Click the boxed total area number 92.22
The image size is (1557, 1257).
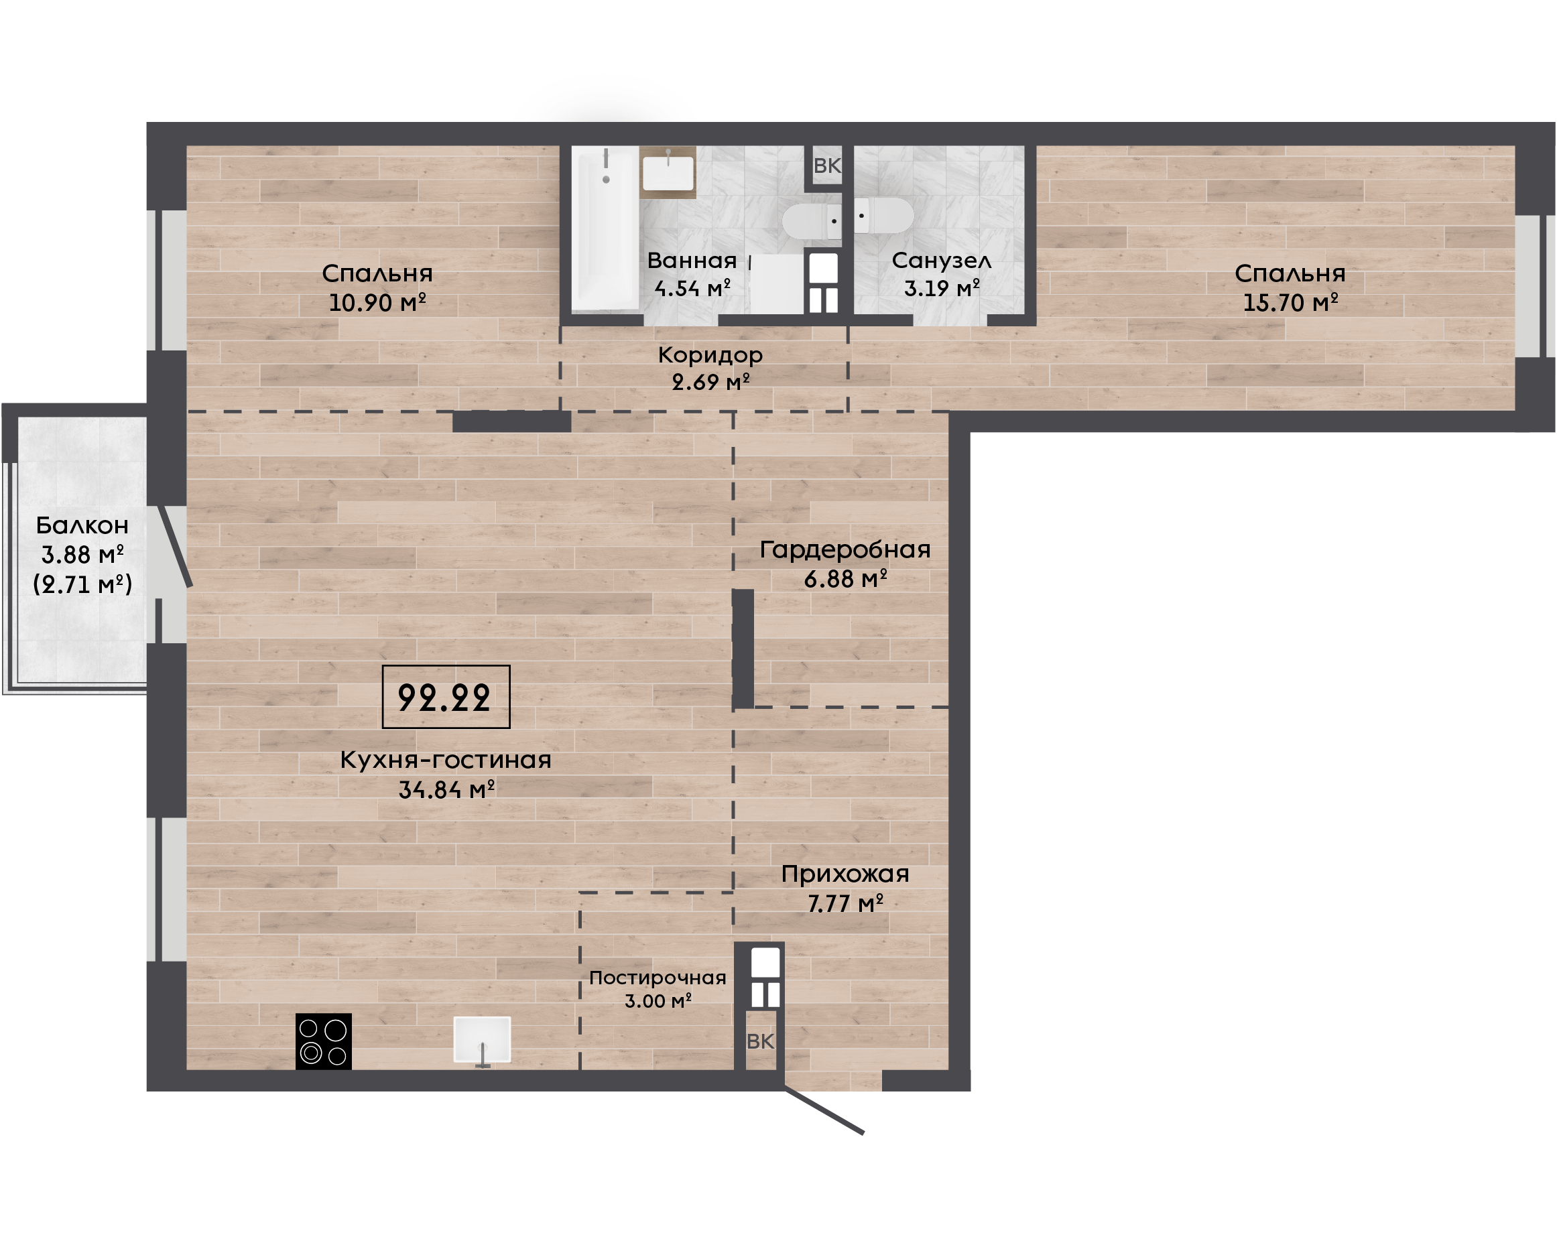[x=445, y=698]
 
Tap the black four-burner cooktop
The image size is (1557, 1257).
[x=324, y=1041]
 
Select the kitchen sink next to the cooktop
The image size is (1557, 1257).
[x=483, y=1041]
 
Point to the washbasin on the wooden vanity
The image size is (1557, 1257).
[x=668, y=172]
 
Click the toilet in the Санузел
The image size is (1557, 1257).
[x=883, y=215]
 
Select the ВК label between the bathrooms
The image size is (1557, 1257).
[x=827, y=166]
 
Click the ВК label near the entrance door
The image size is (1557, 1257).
[x=760, y=1041]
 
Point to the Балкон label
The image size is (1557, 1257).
[x=82, y=525]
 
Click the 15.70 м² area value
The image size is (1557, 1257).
[x=1290, y=303]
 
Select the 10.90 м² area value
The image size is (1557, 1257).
[x=377, y=303]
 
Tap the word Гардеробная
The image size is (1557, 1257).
[x=845, y=549]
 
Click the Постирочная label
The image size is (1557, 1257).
[x=658, y=978]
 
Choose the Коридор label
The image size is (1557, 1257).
[x=710, y=355]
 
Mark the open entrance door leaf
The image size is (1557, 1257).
[x=823, y=1111]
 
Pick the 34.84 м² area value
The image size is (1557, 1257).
[x=447, y=789]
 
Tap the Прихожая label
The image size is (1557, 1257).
[x=845, y=874]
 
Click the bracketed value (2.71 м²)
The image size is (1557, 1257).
[x=82, y=584]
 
